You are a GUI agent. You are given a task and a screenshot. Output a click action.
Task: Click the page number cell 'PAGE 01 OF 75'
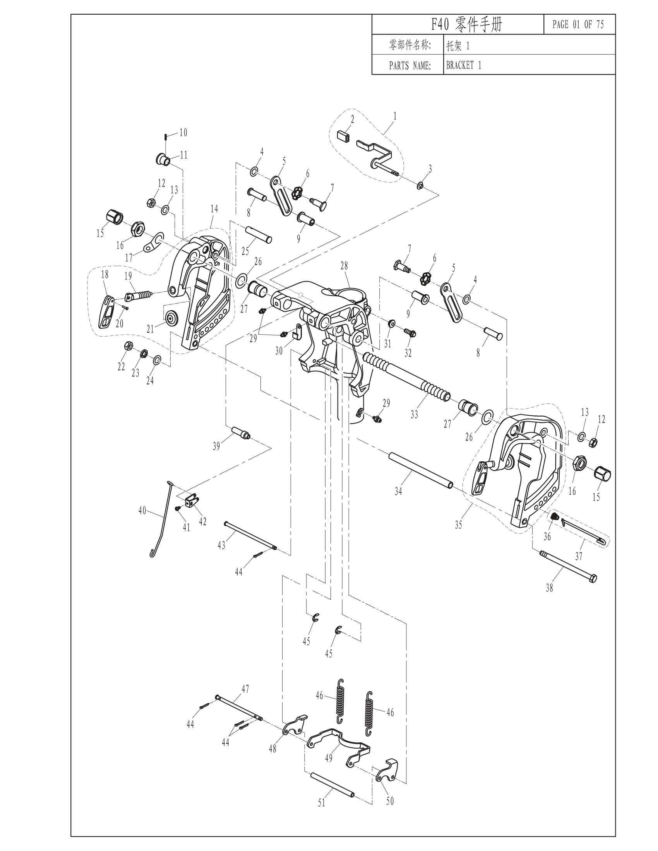point(578,24)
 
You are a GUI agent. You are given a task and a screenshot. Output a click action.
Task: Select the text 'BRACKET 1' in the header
point(463,65)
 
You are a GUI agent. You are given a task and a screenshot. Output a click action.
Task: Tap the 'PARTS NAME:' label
point(410,65)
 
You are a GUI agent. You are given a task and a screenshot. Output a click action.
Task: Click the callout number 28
point(344,266)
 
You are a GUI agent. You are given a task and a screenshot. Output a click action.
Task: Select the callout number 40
point(142,510)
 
